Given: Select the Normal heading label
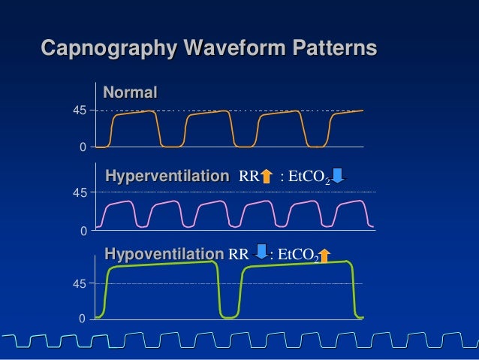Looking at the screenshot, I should [x=130, y=93].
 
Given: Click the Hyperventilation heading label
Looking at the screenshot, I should [x=167, y=177].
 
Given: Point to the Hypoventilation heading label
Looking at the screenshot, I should [x=164, y=255].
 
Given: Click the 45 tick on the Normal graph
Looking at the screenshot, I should [x=79, y=110].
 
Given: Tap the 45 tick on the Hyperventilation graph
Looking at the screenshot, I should [x=79, y=193].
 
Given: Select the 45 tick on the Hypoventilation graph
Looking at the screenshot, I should [x=79, y=284].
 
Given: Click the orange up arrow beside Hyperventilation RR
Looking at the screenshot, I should [x=266, y=177].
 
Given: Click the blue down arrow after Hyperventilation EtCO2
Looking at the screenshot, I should [x=338, y=176].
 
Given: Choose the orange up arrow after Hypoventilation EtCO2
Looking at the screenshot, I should [x=324, y=256].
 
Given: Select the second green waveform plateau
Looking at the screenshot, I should [x=297, y=265].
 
